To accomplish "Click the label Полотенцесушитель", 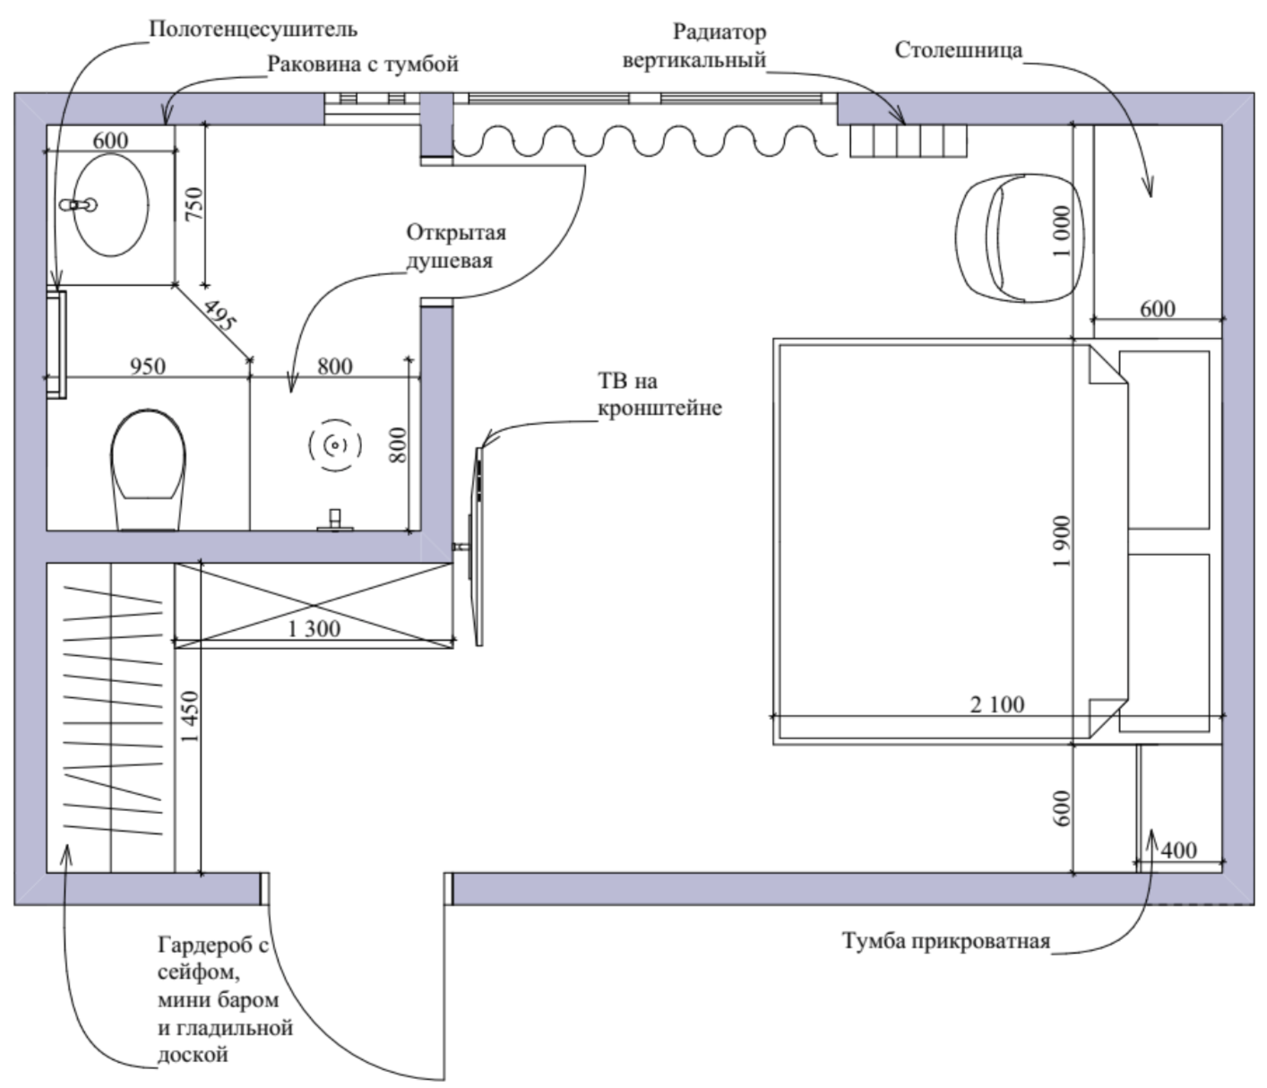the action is (254, 30).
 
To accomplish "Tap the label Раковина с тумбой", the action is (363, 65).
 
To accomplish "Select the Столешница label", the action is (959, 50).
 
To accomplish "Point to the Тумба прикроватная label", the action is (946, 940).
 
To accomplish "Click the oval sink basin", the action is (111, 204).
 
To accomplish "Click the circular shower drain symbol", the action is (335, 445).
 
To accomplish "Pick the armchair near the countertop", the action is (1018, 237).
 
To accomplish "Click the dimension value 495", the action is (219, 315).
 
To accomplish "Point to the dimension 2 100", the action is (997, 704).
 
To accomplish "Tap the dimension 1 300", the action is (314, 628).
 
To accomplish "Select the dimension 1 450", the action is (190, 717).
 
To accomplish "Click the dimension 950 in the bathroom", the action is (148, 366).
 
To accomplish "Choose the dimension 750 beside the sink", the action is (193, 204).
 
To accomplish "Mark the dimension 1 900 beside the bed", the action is (1063, 542).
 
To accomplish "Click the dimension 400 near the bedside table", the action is (1178, 851).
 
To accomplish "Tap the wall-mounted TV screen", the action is (478, 546).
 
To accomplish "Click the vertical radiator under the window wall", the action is (909, 141).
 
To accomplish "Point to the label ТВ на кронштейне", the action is (659, 394).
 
